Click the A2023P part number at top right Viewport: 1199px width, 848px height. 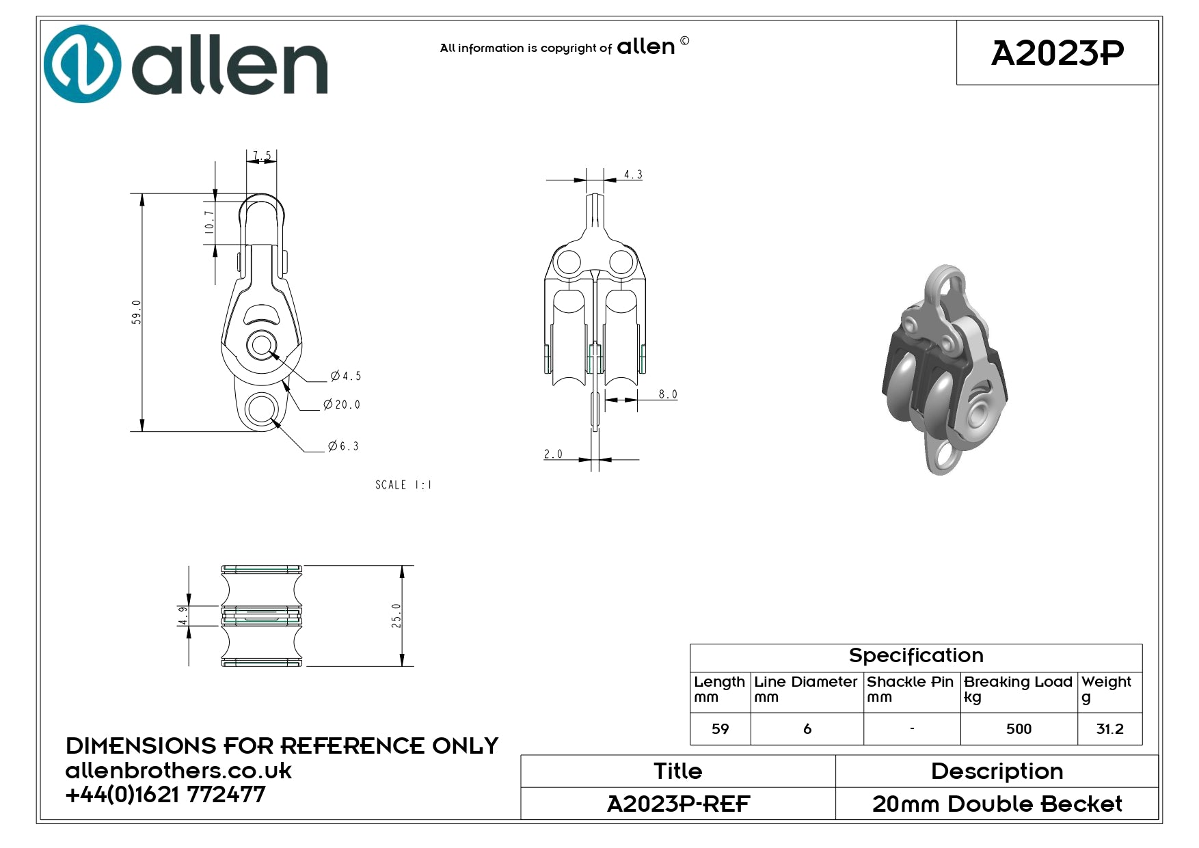pos(1057,53)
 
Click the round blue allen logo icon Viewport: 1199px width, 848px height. pos(82,64)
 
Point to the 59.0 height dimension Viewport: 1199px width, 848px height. pos(137,312)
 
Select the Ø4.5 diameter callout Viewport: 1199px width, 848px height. pos(345,376)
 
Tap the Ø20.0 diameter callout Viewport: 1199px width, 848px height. pos(342,405)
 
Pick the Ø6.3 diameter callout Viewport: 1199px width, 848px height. pos(343,446)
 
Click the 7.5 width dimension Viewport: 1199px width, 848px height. pos(262,156)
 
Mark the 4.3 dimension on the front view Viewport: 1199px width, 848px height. pos(633,175)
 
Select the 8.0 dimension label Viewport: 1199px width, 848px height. pos(668,394)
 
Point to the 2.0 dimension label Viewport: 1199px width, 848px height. pos(553,454)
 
